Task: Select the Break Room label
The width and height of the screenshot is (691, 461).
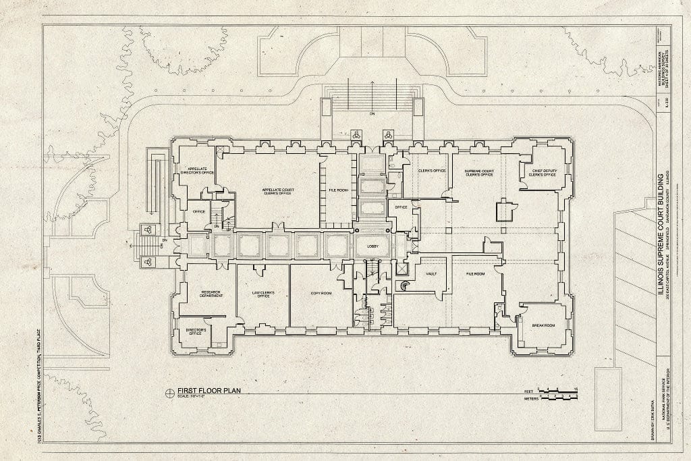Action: coord(543,325)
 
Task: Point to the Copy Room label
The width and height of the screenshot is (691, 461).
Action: coord(321,294)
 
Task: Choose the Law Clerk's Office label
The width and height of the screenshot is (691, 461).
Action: coord(260,294)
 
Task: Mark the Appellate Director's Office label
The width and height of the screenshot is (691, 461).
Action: coord(196,171)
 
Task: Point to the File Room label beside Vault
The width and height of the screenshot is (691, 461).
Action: coord(476,274)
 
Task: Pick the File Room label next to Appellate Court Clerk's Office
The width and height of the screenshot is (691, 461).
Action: coord(338,190)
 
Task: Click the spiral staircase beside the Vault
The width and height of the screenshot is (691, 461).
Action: coord(404,286)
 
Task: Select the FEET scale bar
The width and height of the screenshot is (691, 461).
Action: coord(557,390)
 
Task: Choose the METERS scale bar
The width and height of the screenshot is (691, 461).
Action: coord(557,398)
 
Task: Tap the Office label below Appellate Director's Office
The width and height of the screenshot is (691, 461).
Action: coord(198,211)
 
